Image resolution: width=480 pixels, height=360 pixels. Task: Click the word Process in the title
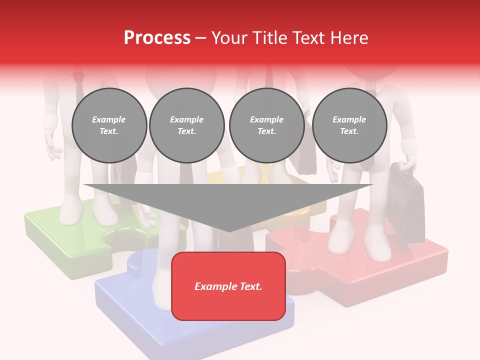(x=157, y=38)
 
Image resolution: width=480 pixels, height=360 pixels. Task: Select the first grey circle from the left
(x=109, y=125)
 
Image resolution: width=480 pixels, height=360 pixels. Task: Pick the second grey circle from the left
(x=186, y=125)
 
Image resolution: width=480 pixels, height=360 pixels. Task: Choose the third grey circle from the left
(x=266, y=125)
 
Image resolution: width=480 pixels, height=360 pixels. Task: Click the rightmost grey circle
(x=349, y=125)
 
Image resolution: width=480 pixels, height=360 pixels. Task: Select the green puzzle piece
(x=65, y=240)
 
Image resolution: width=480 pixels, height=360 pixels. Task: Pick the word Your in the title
(x=228, y=38)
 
